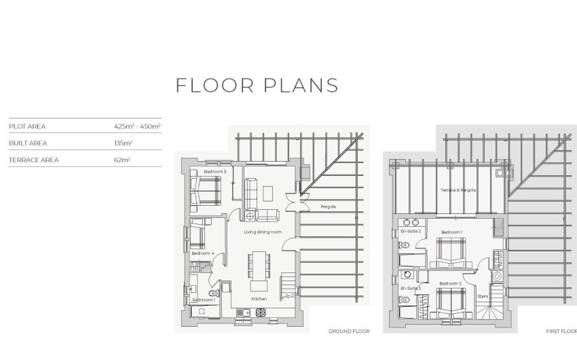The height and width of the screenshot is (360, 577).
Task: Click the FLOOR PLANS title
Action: click(257, 86)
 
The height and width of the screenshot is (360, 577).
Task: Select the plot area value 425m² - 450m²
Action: click(137, 126)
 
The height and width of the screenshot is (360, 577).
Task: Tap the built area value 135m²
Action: click(124, 143)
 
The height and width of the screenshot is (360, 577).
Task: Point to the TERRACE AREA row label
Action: click(34, 160)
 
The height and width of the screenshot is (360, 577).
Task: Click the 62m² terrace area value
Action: click(122, 160)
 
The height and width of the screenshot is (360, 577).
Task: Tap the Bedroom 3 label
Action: click(215, 172)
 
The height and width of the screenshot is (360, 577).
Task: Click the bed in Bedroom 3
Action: click(205, 191)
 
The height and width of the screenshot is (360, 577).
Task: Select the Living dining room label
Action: click(263, 232)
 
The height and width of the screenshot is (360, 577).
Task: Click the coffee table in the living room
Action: click(268, 194)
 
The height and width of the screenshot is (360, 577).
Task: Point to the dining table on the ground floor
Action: click(259, 266)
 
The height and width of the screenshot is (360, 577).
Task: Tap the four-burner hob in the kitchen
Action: click(261, 312)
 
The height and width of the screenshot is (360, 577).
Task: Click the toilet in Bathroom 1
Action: click(214, 293)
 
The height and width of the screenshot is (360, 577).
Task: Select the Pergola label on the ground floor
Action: click(329, 206)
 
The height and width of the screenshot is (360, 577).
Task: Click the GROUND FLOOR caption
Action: click(349, 331)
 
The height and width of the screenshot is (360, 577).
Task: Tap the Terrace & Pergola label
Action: click(458, 190)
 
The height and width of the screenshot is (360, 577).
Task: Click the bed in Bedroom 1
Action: click(451, 253)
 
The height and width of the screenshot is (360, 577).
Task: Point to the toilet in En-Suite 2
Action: click(404, 245)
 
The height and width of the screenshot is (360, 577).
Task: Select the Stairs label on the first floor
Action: click(483, 296)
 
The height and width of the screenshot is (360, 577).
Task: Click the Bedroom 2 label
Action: click(451, 283)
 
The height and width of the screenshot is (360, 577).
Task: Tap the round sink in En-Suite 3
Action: click(407, 274)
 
